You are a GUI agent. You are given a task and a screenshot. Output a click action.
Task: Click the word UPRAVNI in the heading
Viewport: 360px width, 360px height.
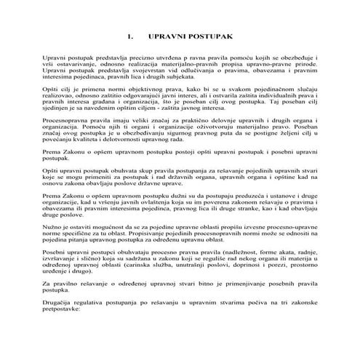pyautogui.click(x=165, y=35)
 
